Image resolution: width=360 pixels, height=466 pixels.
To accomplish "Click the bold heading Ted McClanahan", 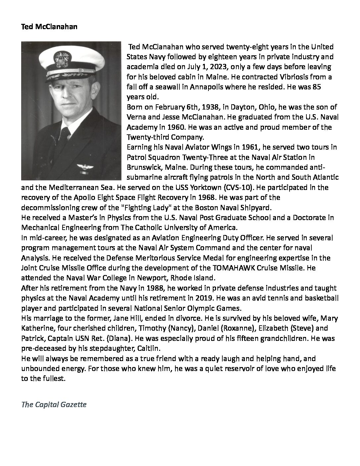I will click(49, 27).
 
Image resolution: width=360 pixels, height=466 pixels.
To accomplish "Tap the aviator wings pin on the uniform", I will click(82, 167).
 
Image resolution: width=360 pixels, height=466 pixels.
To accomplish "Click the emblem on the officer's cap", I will click(62, 59).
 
